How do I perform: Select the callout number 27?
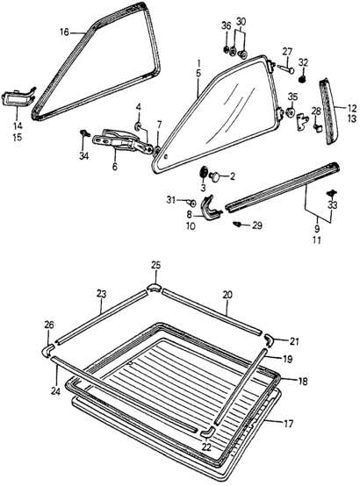(x=287, y=52)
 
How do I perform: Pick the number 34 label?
(x=84, y=157)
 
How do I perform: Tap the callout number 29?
(x=256, y=225)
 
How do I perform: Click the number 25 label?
(x=155, y=265)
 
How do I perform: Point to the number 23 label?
(x=101, y=295)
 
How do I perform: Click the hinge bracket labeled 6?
(x=118, y=141)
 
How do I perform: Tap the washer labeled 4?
(x=139, y=128)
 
